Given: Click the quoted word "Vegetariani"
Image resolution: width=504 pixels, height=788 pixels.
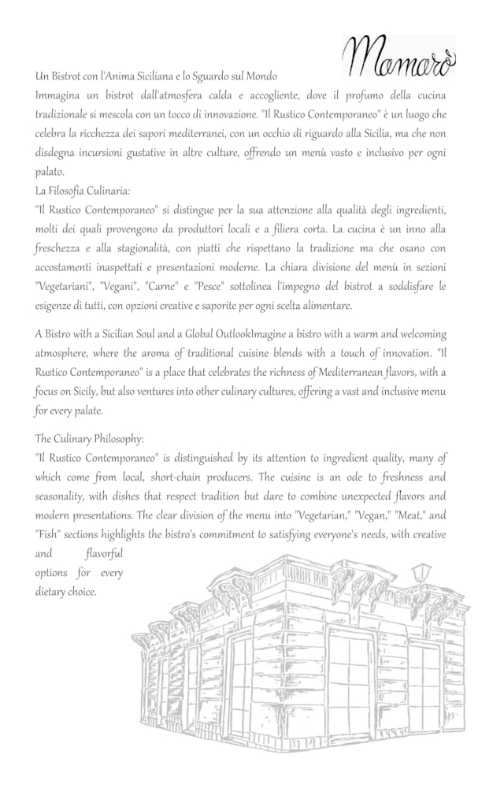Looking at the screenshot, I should [x=67, y=286].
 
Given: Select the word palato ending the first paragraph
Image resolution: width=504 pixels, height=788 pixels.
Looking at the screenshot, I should [x=50, y=171].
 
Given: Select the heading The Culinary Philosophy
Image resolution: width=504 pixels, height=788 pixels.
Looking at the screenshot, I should [x=89, y=438].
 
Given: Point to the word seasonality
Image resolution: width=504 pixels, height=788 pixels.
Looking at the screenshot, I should [x=70, y=496].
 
